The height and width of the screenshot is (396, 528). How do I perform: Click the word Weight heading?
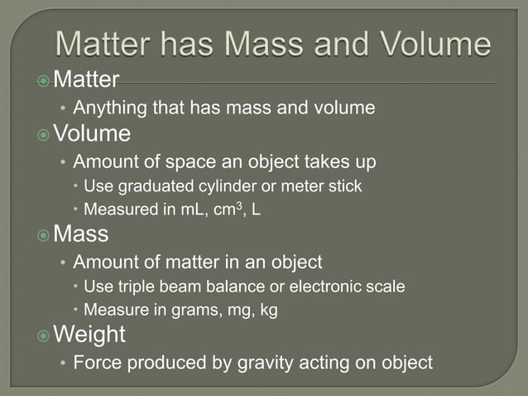point(89,336)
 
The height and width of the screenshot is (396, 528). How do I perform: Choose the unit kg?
point(266,311)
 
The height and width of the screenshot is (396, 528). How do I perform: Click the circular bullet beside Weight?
point(43,336)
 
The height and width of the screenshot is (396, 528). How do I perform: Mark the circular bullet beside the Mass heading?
point(43,235)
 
